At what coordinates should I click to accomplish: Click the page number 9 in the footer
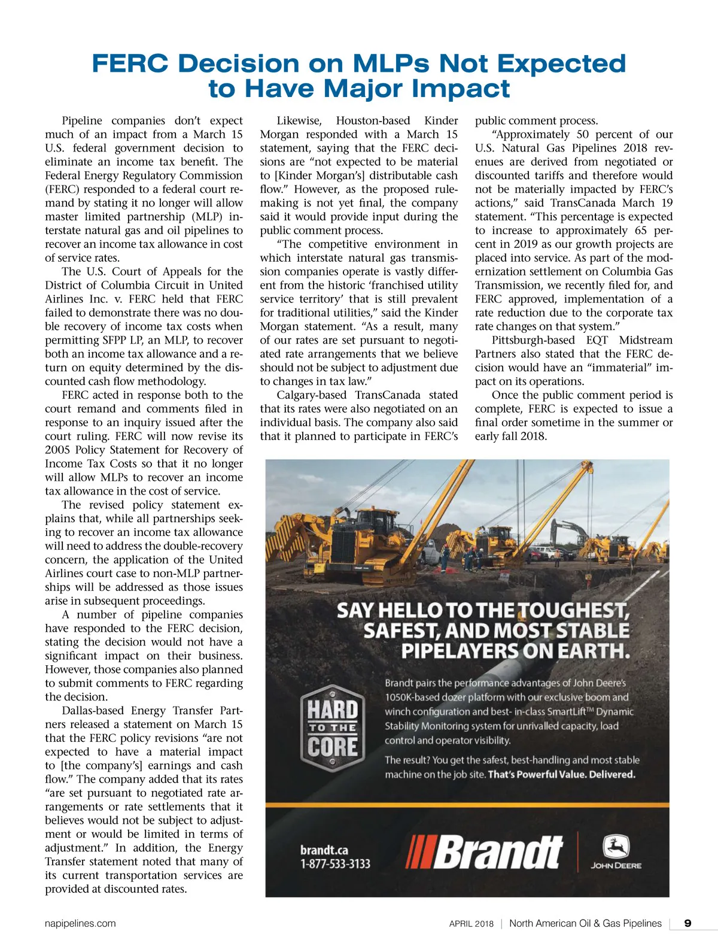687,923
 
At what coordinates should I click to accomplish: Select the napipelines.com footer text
80,923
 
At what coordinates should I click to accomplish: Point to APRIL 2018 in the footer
471,924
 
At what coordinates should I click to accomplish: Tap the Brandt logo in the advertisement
485,853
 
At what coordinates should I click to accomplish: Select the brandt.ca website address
324,850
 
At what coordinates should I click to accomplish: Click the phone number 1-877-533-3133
335,864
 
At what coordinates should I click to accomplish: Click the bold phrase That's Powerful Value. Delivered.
561,774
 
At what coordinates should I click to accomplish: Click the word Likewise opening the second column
299,121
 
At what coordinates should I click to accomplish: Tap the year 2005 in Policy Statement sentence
57,450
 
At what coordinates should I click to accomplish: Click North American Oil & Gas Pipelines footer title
585,923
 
